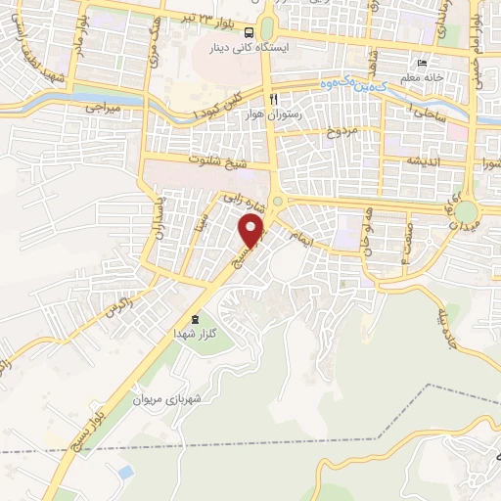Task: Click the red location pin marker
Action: (253, 231)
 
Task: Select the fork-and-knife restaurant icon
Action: (275, 99)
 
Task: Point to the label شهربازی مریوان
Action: (198, 399)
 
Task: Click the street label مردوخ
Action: (344, 128)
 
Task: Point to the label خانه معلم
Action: (422, 75)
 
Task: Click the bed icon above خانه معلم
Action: (422, 62)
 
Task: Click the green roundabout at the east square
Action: (467, 211)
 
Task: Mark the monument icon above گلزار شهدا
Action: (194, 318)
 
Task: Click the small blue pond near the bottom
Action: (123, 472)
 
